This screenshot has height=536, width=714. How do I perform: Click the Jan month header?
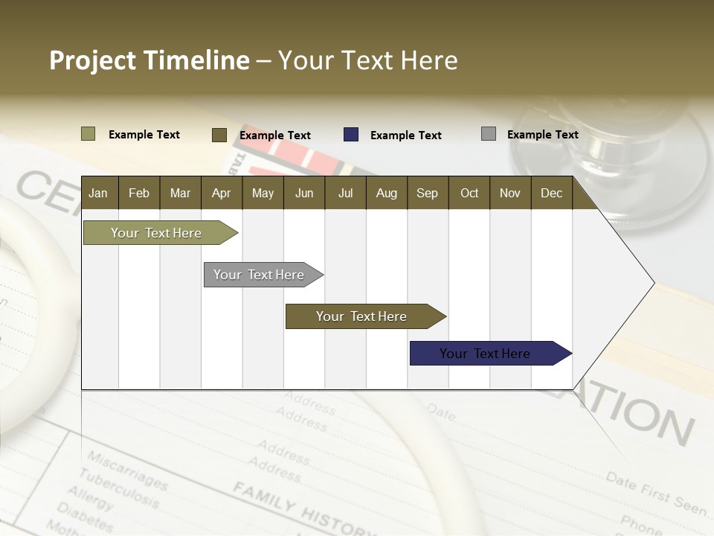98,193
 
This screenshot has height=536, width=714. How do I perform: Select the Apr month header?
221,193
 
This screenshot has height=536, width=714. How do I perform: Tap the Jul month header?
345,193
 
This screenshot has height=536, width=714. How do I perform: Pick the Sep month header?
427,193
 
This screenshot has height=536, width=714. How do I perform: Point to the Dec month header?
551,193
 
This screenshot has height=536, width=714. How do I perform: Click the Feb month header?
139,193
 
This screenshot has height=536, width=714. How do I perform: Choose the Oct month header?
469,193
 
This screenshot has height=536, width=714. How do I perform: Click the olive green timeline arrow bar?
156,233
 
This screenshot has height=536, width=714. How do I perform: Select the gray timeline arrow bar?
259,275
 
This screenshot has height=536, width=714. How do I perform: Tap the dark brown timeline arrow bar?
361,316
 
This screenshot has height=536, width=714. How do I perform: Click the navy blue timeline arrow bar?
485,354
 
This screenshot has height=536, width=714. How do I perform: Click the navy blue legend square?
351,135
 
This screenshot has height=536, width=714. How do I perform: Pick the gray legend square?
489,134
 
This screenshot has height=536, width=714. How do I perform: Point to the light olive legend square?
88,134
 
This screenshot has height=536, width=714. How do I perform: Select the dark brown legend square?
219,135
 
